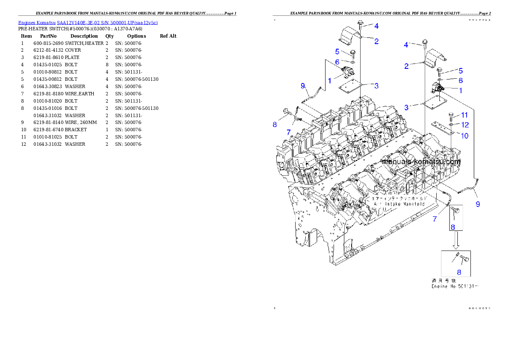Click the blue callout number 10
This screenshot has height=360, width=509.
point(465,136)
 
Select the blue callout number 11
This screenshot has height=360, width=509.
point(465,115)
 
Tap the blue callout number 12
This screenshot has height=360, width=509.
point(465,125)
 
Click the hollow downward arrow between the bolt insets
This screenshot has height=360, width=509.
point(456,241)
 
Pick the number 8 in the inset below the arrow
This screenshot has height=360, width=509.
point(459,271)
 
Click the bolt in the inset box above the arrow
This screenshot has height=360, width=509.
point(456,210)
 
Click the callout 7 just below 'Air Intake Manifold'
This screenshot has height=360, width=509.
point(435,219)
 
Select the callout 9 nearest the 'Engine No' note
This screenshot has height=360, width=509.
point(477,204)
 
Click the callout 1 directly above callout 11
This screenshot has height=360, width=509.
point(461,91)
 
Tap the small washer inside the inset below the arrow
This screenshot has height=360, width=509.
point(456,255)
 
